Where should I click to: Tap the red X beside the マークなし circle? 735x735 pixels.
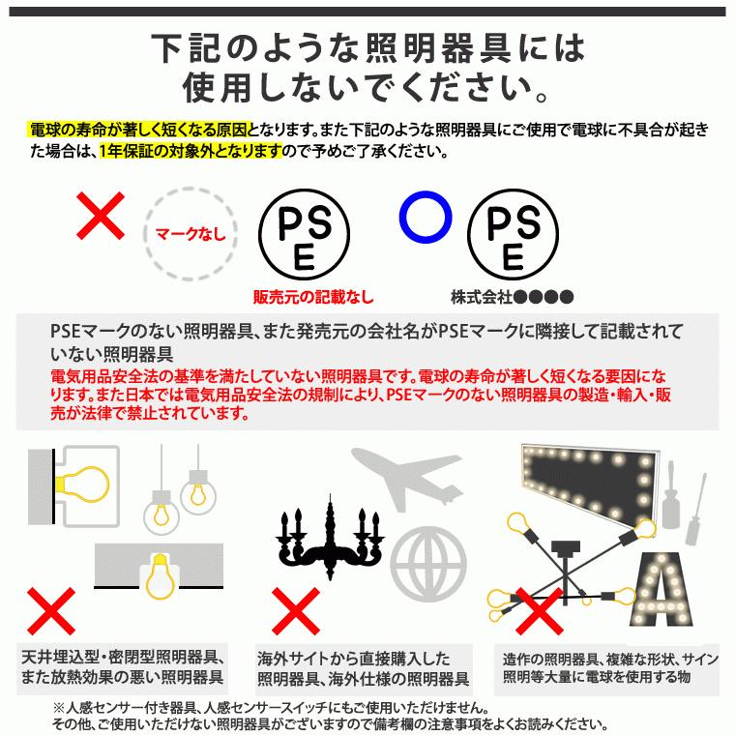click(101, 216)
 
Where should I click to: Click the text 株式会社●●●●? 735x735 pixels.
click(512, 297)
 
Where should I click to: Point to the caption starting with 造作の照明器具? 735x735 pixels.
click(607, 667)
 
